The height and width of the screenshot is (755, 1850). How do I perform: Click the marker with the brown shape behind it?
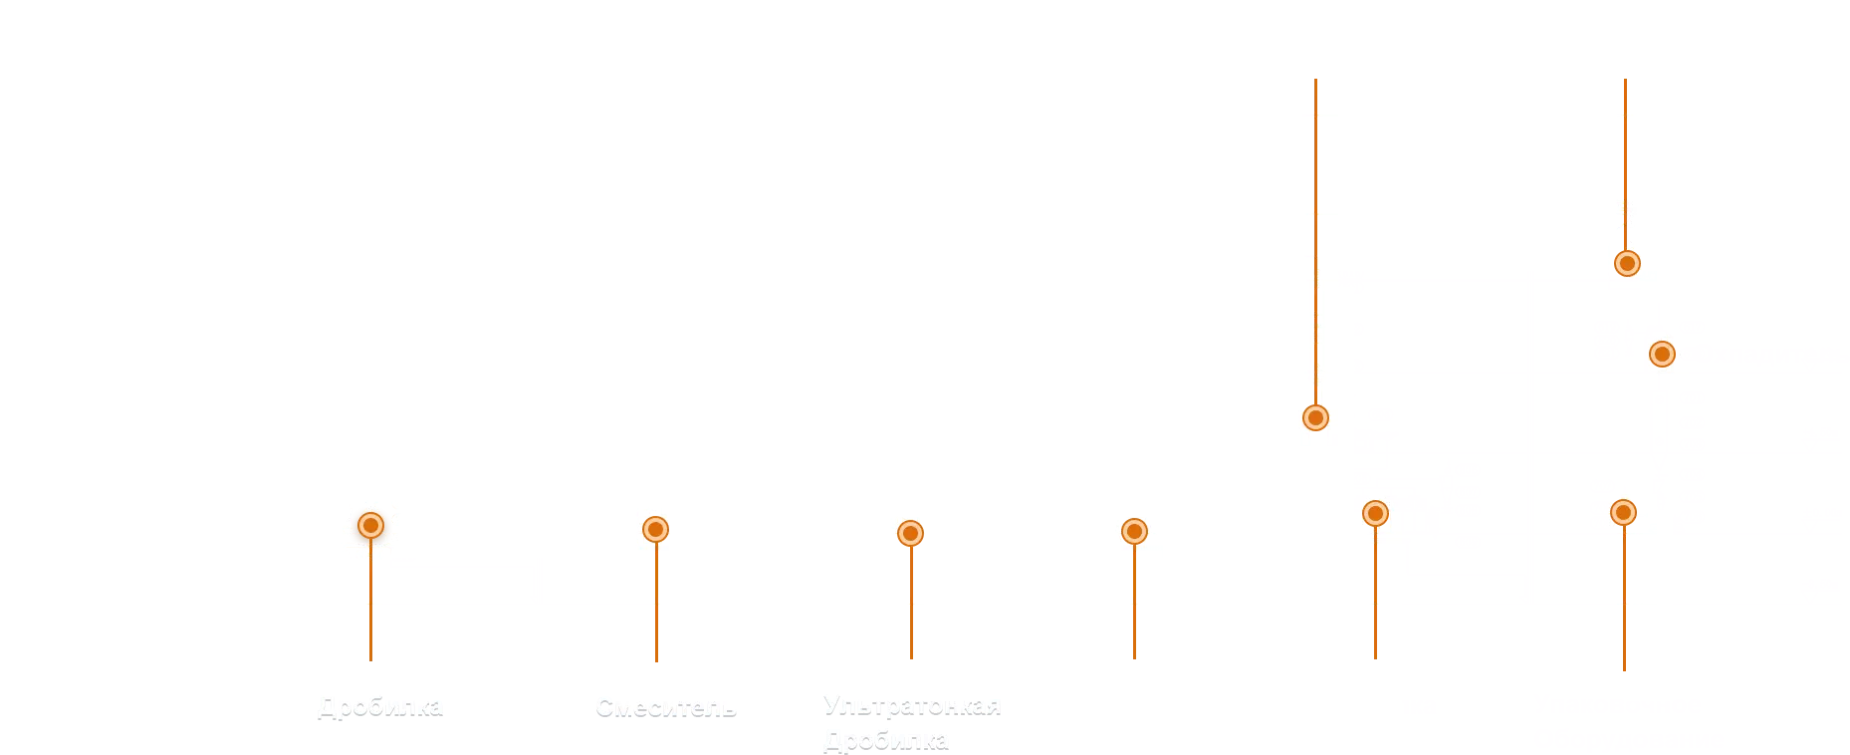pyautogui.click(x=370, y=525)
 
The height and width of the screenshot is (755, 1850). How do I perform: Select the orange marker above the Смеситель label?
pyautogui.click(x=655, y=529)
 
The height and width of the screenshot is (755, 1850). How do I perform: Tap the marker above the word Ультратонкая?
pyautogui.click(x=910, y=533)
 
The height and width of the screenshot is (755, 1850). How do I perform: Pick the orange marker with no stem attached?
pyautogui.click(x=1661, y=354)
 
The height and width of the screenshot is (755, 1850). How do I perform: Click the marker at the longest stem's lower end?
pyautogui.click(x=1315, y=417)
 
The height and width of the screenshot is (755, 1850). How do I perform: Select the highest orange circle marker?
pyautogui.click(x=1626, y=263)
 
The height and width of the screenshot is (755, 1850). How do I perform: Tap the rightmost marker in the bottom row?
pyautogui.click(x=1623, y=512)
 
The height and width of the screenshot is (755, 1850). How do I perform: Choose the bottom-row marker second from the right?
pyautogui.click(x=1375, y=513)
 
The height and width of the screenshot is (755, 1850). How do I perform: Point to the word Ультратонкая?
pyautogui.click(x=911, y=706)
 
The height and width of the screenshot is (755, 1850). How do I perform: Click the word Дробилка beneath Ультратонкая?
pyautogui.click(x=886, y=740)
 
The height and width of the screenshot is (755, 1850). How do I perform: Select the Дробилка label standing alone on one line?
pyautogui.click(x=380, y=706)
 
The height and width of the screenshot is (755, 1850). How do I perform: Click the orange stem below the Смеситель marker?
pyautogui.click(x=656, y=608)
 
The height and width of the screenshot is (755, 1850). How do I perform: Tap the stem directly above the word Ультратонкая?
pyautogui.click(x=911, y=603)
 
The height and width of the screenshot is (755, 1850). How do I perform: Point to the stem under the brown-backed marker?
pyautogui.click(x=370, y=608)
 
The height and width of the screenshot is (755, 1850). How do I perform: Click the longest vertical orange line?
pyautogui.click(x=1317, y=239)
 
